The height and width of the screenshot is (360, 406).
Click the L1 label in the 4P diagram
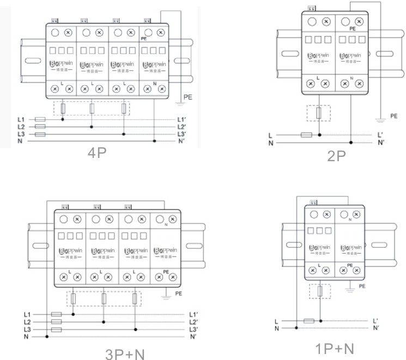21,119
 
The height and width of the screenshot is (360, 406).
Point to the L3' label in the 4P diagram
182,134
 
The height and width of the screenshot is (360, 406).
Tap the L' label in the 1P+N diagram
376,321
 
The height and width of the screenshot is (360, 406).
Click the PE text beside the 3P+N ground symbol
178,293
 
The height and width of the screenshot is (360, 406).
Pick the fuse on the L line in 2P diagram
306,135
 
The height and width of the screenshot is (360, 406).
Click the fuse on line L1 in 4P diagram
40,119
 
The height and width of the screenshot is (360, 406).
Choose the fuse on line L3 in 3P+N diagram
56,330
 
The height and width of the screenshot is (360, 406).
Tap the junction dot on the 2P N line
350,143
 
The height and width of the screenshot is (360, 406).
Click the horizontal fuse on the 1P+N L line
309,321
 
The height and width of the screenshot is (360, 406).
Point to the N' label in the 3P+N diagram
192,337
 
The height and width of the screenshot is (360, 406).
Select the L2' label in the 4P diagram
182,126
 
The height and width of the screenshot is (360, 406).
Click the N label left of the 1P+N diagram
277,328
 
